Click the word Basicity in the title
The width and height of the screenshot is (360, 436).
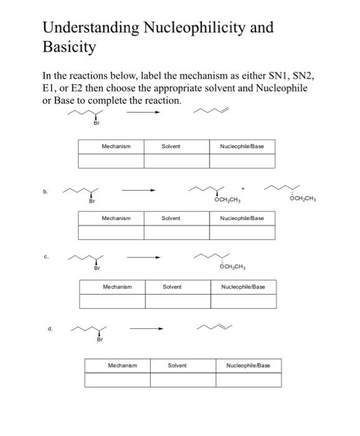(69, 47)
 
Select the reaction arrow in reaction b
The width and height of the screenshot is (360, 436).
(138, 191)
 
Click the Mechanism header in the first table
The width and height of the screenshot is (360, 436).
(116, 146)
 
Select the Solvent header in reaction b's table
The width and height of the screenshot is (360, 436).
(171, 219)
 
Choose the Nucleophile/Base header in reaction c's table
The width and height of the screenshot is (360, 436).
(243, 287)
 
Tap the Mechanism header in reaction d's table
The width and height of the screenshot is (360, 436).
(122, 365)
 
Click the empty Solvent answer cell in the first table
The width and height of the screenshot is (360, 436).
(176, 161)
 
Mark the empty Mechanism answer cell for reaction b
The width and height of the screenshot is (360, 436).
(111, 233)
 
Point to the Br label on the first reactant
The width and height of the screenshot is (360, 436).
(96, 123)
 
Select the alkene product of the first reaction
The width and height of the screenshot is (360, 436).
(216, 113)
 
